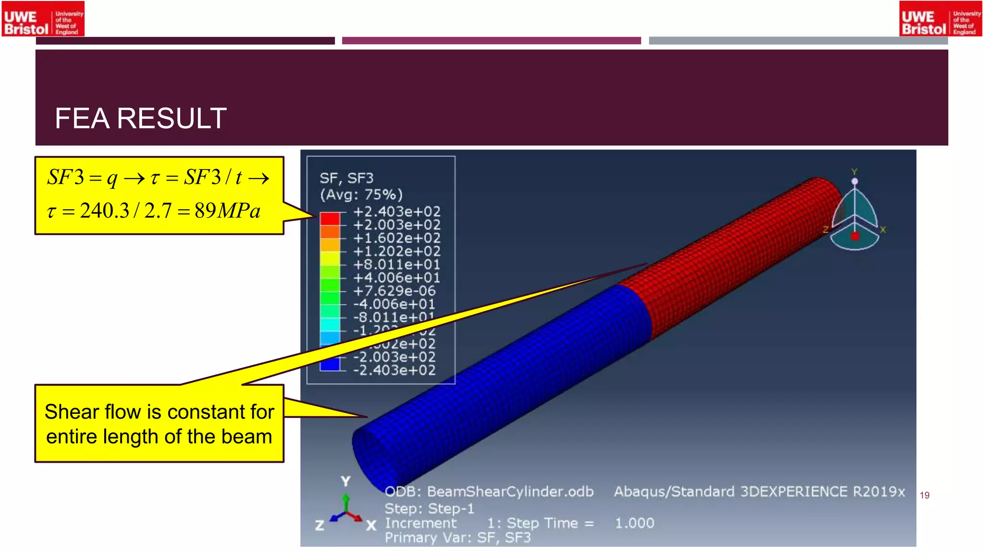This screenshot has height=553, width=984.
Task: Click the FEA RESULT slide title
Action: point(140,119)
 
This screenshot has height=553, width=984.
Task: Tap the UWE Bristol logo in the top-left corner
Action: point(43,19)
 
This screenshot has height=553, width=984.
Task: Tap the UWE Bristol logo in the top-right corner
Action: point(940,19)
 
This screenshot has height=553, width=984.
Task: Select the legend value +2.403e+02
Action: point(396,212)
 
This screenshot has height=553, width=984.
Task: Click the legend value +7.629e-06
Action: point(394,291)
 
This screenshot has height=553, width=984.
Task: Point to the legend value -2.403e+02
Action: point(394,370)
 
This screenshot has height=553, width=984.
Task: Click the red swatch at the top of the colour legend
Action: point(330,218)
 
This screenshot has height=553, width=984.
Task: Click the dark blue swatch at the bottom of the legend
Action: point(330,364)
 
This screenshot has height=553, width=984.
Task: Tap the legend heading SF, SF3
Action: point(346,179)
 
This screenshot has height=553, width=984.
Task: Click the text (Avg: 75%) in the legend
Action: point(361,195)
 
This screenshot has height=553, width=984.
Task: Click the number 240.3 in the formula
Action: point(104,211)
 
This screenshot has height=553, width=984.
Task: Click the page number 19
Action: point(924,495)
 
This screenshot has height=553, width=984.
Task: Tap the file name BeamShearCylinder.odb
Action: point(510,492)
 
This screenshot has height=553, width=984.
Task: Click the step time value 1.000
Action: point(634,523)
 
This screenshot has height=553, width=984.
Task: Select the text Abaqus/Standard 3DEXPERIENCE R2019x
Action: point(759,492)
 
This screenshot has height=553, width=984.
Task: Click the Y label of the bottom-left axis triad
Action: point(345,481)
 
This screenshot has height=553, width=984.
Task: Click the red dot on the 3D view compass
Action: point(855,236)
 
